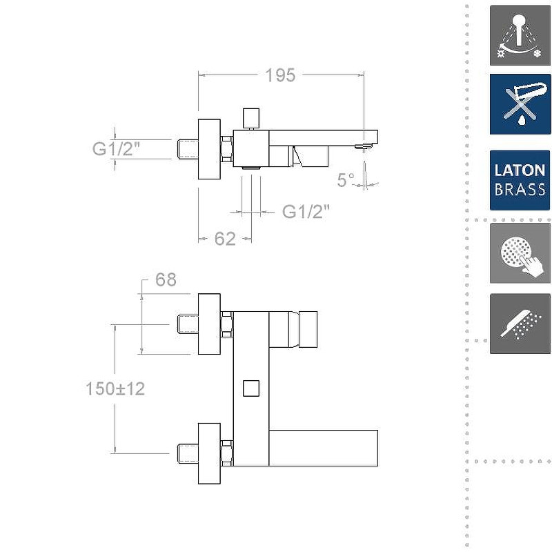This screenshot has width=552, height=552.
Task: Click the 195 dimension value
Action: point(280,75)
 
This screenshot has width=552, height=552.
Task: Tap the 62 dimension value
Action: point(225,239)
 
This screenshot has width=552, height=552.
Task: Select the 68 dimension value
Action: point(166,279)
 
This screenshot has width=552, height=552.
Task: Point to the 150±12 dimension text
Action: point(115,388)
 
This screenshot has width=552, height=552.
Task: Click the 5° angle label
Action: point(346,180)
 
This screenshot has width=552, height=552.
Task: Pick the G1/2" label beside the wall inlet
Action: point(117,148)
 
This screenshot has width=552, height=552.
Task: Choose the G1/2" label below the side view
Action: point(306,212)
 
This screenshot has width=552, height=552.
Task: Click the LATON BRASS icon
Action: point(520,180)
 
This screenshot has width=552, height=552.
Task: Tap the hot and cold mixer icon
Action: point(520,36)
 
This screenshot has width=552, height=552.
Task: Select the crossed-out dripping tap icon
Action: point(520,104)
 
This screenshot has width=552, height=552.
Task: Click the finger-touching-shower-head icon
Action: point(520,253)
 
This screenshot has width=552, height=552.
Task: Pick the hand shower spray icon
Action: point(520,324)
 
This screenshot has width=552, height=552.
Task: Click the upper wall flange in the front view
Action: point(209,324)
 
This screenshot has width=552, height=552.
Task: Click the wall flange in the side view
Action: point(209,149)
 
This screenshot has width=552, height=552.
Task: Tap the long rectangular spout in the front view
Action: point(323,447)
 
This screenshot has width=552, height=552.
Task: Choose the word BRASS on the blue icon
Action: point(520,190)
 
